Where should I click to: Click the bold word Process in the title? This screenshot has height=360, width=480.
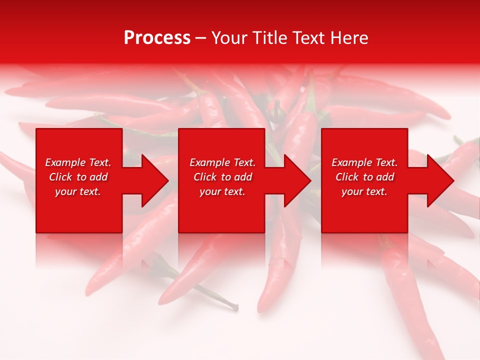[157, 38]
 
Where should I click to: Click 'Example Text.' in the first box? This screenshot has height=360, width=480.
[78, 162]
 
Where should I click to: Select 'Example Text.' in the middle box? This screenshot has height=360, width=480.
[222, 162]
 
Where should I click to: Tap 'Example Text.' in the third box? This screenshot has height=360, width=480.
[364, 162]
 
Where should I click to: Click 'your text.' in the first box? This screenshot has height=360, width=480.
[78, 191]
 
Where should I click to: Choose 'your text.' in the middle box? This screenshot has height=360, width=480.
[222, 191]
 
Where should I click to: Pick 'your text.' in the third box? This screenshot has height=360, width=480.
[364, 191]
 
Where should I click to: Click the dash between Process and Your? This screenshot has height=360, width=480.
[201, 38]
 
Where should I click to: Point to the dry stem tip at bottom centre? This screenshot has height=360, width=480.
[235, 302]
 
